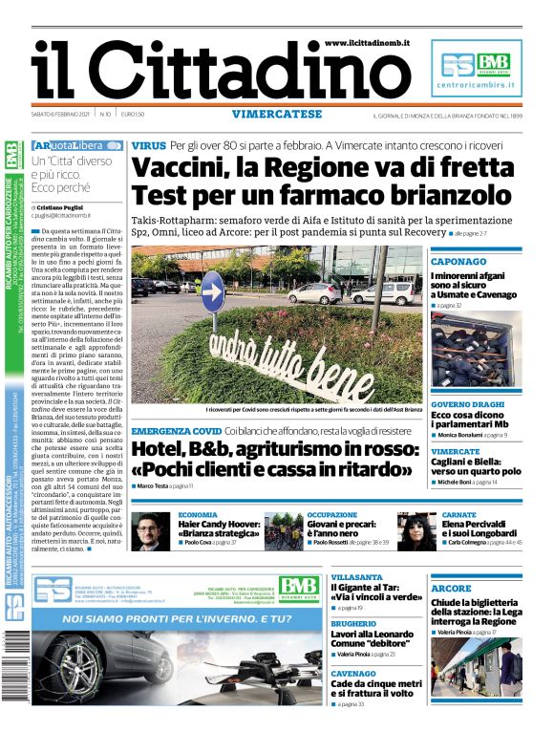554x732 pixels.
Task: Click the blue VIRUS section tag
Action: (148, 145)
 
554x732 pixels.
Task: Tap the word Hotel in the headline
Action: (158, 450)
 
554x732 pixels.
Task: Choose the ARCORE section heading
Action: (451, 588)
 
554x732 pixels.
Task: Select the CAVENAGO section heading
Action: (353, 673)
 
